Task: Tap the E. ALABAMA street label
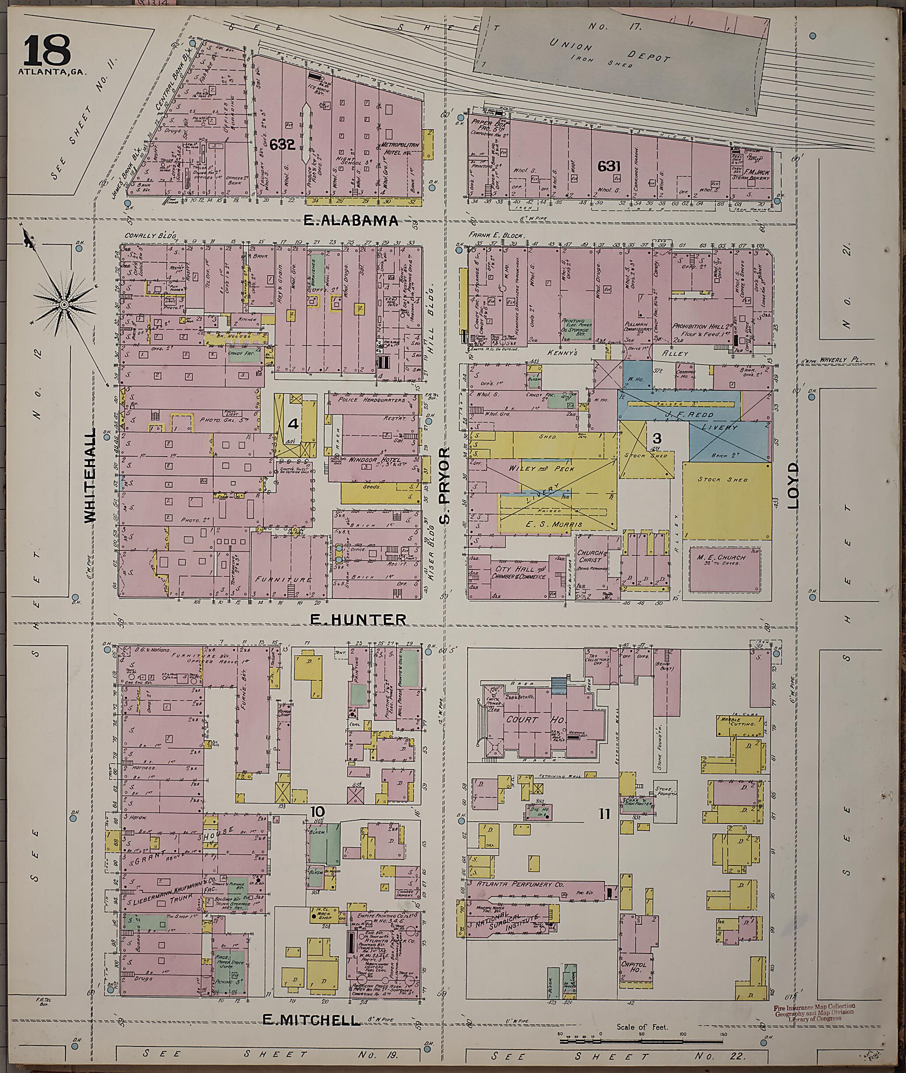(350, 220)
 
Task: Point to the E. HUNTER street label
(358, 620)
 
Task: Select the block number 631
(609, 166)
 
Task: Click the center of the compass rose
(64, 304)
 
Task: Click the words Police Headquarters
(372, 400)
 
